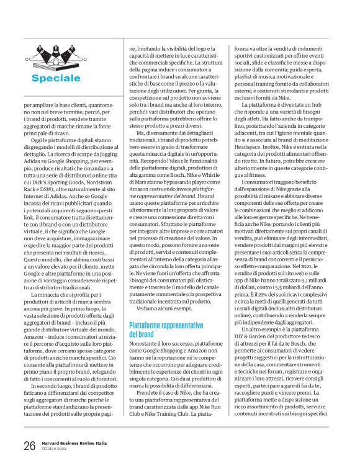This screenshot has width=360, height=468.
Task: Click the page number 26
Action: (x=29, y=446)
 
